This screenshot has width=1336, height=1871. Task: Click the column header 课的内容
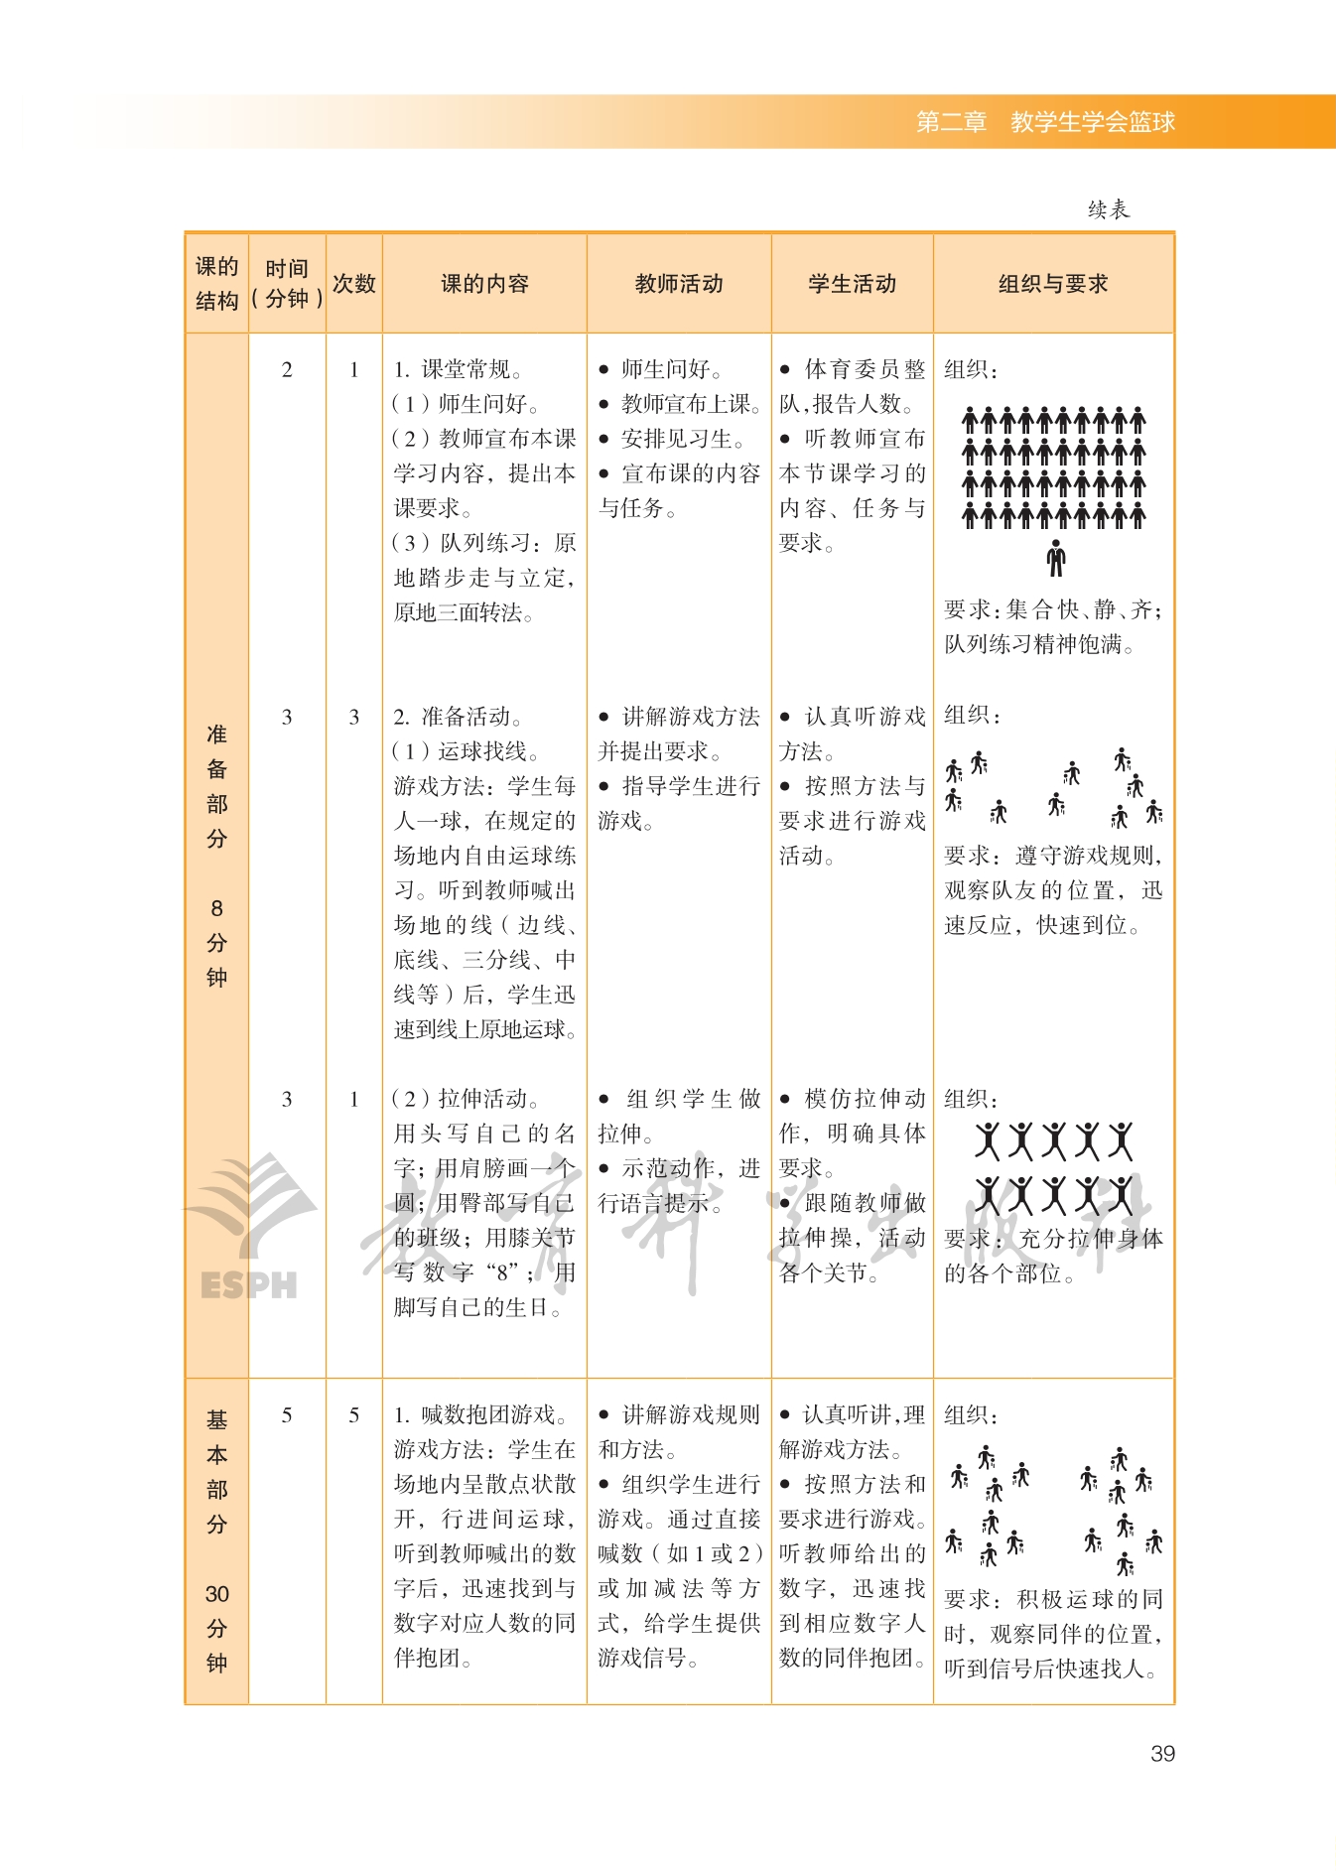point(484,284)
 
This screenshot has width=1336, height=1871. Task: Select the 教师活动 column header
point(679,284)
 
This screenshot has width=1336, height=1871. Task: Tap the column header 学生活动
point(852,284)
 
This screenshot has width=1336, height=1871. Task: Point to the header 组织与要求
point(1053,284)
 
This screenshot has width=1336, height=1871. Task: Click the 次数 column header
point(354,284)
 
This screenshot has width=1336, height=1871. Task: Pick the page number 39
point(1162,1754)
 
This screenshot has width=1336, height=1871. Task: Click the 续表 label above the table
point(1109,209)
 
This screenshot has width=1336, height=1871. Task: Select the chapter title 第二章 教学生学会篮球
point(1045,122)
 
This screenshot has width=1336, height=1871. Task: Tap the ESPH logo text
point(248,1285)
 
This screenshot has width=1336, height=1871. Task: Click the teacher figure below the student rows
point(1056,558)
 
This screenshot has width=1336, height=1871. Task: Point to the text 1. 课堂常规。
point(458,369)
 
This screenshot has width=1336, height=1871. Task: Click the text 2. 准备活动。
point(458,717)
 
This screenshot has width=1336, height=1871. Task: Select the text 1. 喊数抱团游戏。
point(480,1414)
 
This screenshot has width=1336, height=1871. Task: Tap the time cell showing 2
point(287,369)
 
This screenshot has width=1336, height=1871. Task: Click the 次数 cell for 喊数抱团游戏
point(354,1414)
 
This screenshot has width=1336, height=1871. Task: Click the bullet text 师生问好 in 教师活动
point(671,369)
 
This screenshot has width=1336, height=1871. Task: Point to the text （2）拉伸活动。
point(465,1099)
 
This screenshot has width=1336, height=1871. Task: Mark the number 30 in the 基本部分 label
point(217,1594)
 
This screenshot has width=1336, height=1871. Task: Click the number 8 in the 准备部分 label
point(217,908)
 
